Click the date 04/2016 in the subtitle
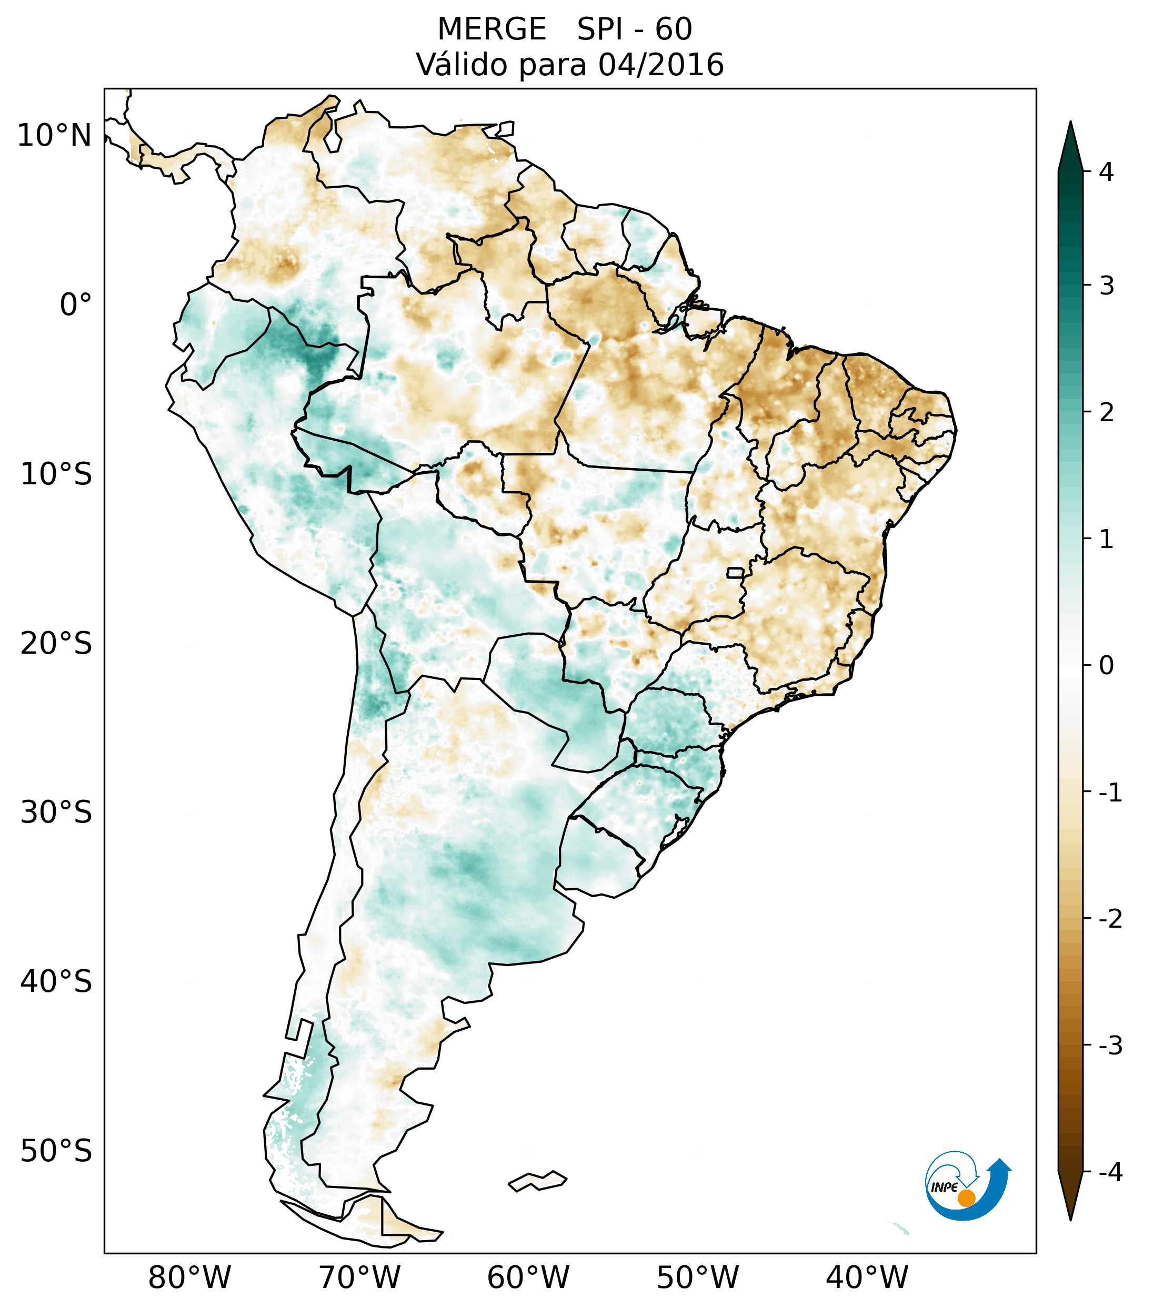[660, 65]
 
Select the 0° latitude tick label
[76, 305]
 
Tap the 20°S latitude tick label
[56, 644]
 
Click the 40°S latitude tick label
[56, 982]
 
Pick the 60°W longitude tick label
[528, 1278]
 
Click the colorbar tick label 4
[1106, 172]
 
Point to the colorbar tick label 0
[1106, 666]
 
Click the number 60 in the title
[674, 29]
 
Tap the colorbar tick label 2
[1106, 413]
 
